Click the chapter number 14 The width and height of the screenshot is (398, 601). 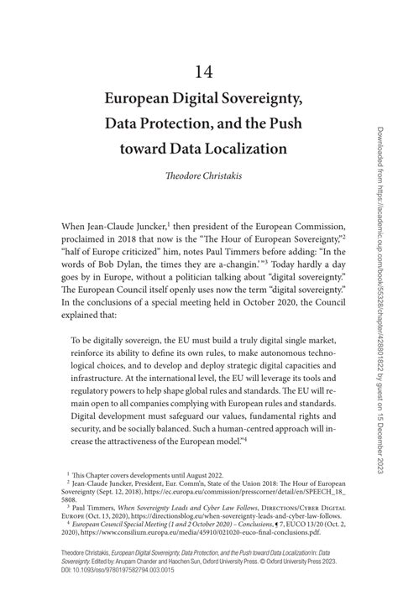pos(198,71)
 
